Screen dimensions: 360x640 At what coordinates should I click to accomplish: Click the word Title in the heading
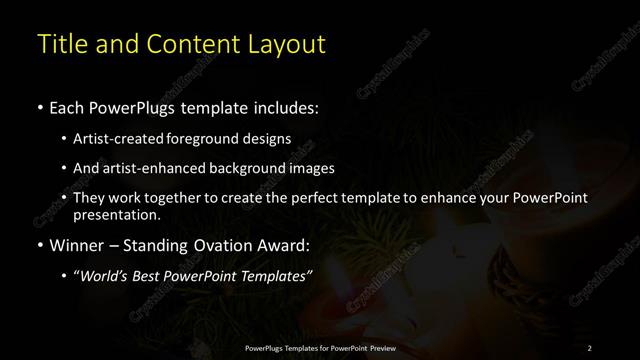tap(60, 45)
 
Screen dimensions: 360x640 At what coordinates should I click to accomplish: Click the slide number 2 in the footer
tap(589, 347)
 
